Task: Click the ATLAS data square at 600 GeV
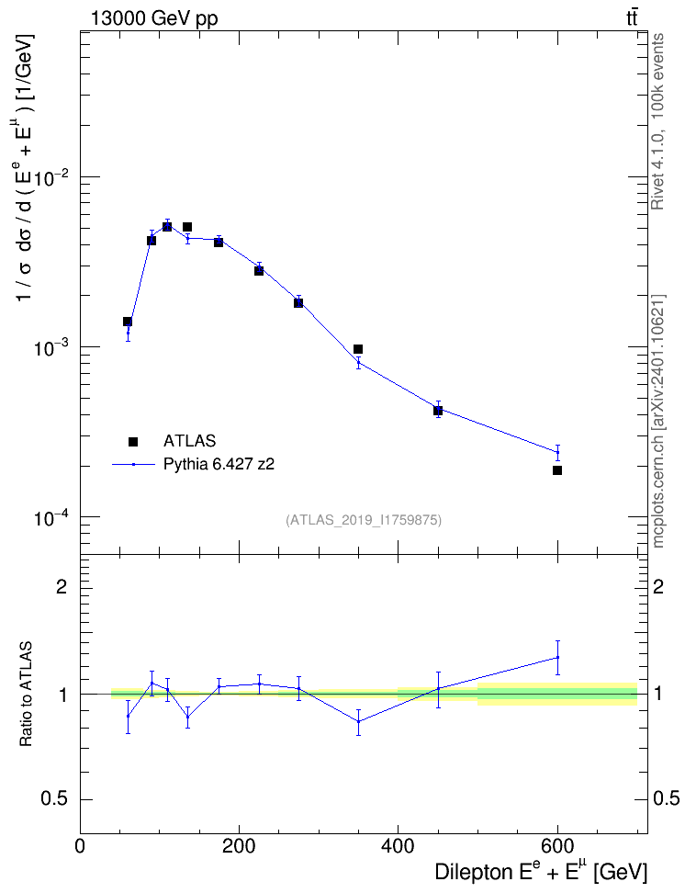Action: pos(556,470)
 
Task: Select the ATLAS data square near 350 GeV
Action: pos(358,349)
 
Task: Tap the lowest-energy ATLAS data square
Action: pos(128,322)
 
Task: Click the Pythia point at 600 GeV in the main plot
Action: pos(557,452)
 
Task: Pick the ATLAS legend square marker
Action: pos(133,441)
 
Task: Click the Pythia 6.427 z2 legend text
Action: pos(219,464)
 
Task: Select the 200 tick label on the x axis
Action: pos(239,847)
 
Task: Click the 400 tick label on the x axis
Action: pos(398,847)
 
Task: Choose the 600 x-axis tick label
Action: pos(556,847)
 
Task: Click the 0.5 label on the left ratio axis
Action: pos(55,799)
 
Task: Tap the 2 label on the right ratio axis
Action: pos(658,586)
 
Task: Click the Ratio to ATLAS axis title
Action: pos(26,695)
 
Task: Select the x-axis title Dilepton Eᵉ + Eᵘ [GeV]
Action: pos(541,871)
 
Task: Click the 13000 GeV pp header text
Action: pos(153,18)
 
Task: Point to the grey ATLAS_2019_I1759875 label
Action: pos(364,520)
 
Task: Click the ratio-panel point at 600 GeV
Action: pos(557,657)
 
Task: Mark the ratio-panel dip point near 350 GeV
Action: pos(358,721)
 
